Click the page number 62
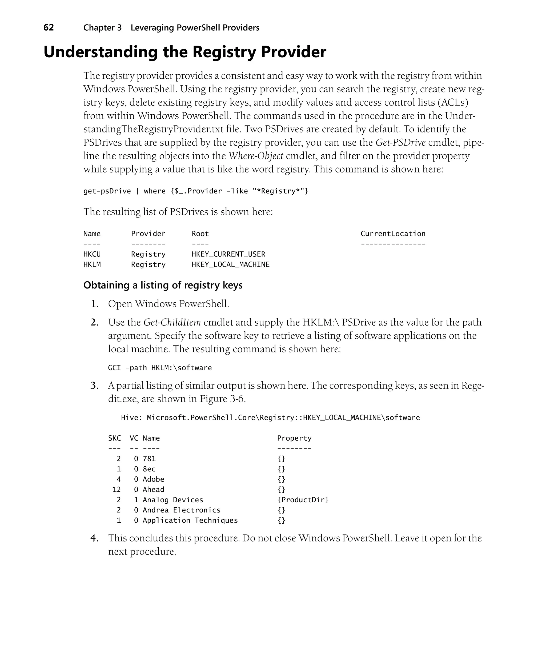click(x=49, y=28)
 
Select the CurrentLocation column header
click(x=392, y=234)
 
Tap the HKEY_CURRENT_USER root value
click(x=228, y=254)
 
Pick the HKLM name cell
click(x=92, y=264)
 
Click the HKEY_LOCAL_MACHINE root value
click(x=231, y=264)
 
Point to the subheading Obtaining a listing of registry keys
click(x=163, y=285)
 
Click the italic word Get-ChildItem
click(x=172, y=322)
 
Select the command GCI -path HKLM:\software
click(x=160, y=368)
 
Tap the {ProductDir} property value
click(x=303, y=500)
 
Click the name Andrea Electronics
click(x=182, y=510)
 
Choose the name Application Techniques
click(x=190, y=520)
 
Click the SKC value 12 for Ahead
click(x=116, y=490)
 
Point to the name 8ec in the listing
click(x=149, y=469)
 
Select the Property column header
click(x=294, y=438)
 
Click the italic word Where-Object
click(x=256, y=156)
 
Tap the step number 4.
click(x=94, y=538)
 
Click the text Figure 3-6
click(x=222, y=399)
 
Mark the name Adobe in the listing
click(x=154, y=479)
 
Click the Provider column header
click(x=148, y=234)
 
